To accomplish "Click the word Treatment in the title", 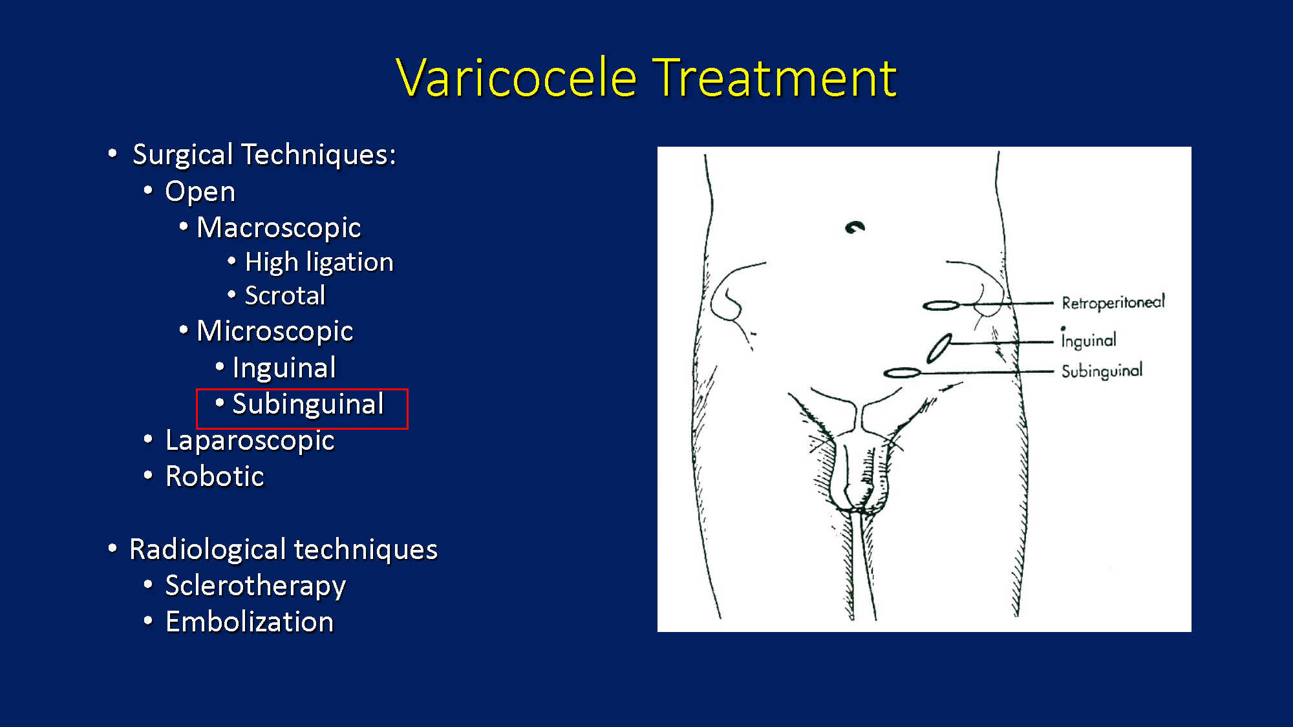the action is (775, 78).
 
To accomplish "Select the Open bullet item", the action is (200, 191).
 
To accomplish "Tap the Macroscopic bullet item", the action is (279, 227).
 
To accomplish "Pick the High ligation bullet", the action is (319, 262).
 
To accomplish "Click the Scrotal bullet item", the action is (285, 295).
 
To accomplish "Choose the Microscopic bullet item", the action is (275, 331).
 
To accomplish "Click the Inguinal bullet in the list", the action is (284, 368).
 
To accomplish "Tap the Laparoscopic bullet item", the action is (250, 441).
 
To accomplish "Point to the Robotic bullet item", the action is (215, 476).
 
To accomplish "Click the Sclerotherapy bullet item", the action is (255, 586).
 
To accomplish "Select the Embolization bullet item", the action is (250, 622).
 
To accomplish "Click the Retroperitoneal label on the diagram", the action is (1113, 302).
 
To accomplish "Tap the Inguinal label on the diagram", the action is (1089, 339).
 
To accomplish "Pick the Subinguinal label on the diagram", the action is (1102, 371).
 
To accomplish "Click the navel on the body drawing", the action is (855, 227).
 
